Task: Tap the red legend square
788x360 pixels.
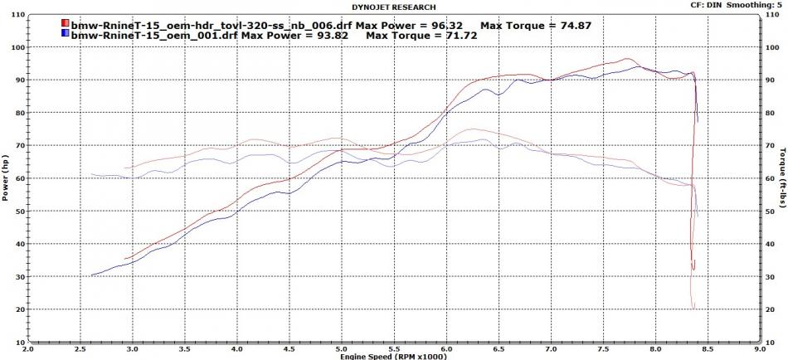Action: tap(66, 26)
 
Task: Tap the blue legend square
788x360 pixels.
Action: tap(66, 36)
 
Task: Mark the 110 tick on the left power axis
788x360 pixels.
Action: tap(17, 15)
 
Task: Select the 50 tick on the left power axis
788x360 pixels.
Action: tap(19, 211)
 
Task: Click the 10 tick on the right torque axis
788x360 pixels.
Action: tap(769, 342)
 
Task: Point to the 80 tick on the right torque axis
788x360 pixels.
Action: tap(769, 113)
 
